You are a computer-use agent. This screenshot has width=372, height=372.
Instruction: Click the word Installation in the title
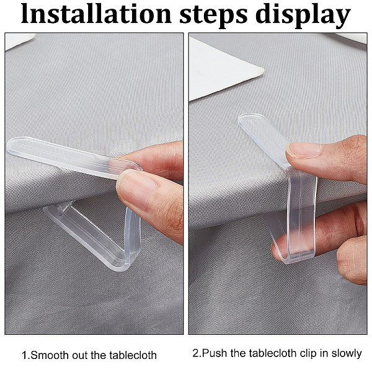pyautogui.click(x=96, y=14)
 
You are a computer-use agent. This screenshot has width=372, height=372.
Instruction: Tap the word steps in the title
pyautogui.click(x=213, y=15)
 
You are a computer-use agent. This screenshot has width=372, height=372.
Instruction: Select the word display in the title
pyautogui.click(x=303, y=15)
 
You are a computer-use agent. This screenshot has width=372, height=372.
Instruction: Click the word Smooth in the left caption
pyautogui.click(x=50, y=355)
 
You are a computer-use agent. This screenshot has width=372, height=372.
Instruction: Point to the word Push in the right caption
pyautogui.click(x=215, y=353)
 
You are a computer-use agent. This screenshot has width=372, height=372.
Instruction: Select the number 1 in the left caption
pyautogui.click(x=25, y=355)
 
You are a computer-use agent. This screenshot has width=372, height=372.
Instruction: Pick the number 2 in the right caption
pyautogui.click(x=195, y=353)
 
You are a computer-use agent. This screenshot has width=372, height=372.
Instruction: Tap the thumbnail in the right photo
pyautogui.click(x=303, y=150)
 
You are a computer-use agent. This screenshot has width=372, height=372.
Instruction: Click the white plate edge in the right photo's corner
pyautogui.click(x=351, y=37)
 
